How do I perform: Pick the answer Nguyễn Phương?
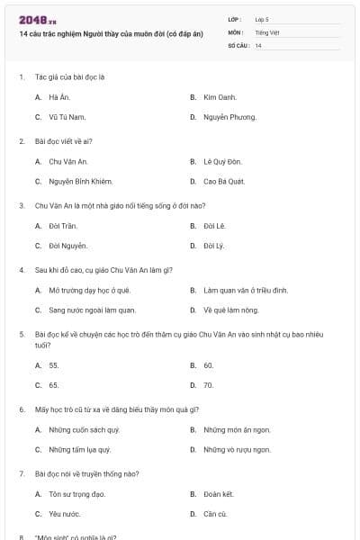point(229,117)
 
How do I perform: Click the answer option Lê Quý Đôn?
point(222,161)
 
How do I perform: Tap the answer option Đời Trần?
point(62,225)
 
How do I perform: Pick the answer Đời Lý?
point(212,246)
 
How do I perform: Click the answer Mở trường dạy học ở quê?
point(89,291)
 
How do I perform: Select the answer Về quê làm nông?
point(230,310)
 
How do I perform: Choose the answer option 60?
point(208,364)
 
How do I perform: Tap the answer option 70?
point(208,385)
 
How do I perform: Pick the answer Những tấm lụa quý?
point(79,449)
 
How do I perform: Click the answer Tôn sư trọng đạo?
point(77,493)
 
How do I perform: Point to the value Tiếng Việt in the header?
point(267,32)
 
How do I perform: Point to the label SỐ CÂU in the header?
point(238,45)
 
